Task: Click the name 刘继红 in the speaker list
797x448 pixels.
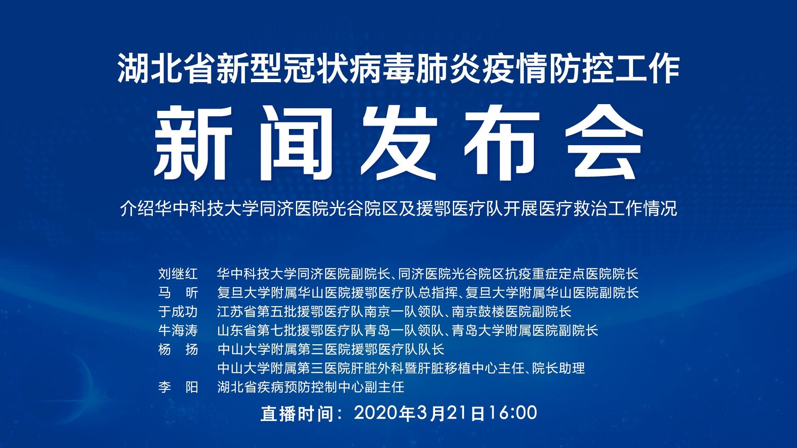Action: click(178, 274)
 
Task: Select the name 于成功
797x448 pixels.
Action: click(178, 312)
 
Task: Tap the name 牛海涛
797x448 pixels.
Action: click(178, 331)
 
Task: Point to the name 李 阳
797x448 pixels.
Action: click(178, 387)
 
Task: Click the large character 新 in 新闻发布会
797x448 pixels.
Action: click(193, 143)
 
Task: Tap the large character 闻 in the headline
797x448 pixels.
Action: click(296, 143)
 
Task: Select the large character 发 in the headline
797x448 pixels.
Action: click(399, 143)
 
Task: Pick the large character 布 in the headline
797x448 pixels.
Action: click(501, 143)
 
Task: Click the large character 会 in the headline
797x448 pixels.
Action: click(604, 143)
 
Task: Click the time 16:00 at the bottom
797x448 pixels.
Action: click(513, 413)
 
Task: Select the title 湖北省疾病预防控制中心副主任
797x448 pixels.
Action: click(310, 387)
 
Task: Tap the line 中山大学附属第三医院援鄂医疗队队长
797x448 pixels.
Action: click(331, 349)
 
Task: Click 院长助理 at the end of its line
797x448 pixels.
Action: click(558, 368)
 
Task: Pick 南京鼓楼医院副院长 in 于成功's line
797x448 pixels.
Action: click(511, 312)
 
